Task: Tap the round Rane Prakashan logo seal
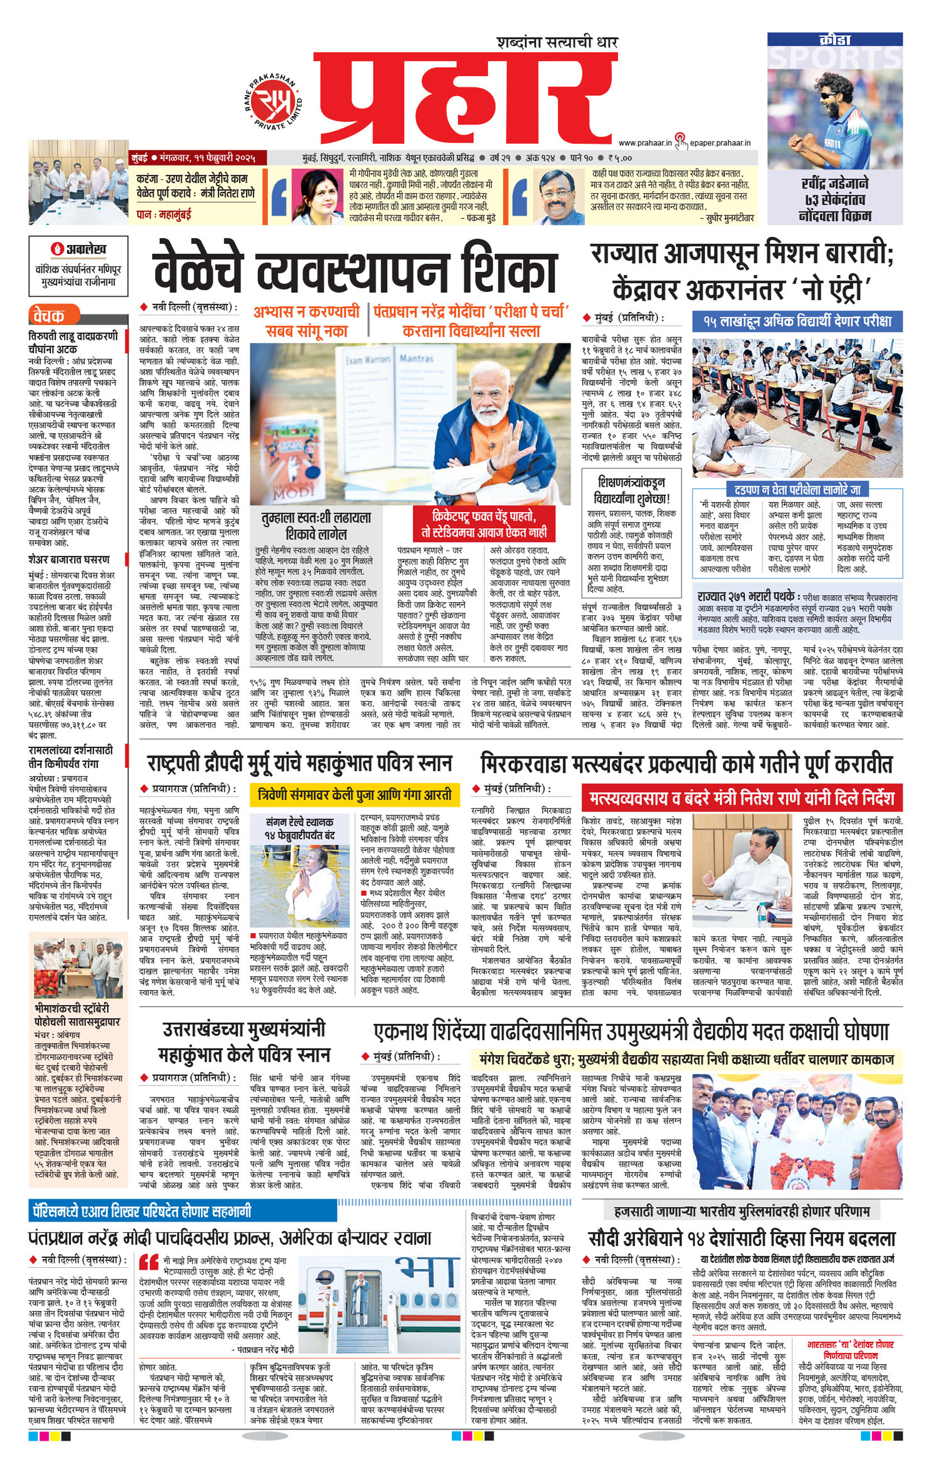[274, 103]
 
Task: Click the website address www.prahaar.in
[645, 143]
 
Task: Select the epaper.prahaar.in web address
[719, 143]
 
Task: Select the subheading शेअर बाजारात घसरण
[69, 559]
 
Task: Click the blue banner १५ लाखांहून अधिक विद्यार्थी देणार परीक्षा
[797, 321]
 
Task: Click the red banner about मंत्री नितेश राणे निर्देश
[741, 798]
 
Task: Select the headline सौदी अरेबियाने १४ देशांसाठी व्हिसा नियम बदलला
[741, 1238]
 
